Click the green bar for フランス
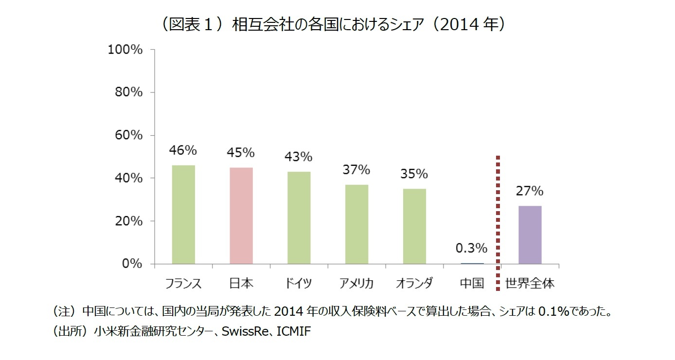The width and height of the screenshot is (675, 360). coord(183,215)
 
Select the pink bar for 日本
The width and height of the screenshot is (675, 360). coord(241,216)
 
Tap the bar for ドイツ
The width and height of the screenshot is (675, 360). coord(299,217)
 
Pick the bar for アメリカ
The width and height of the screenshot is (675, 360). coord(356,224)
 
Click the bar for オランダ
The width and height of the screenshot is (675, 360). coord(414,226)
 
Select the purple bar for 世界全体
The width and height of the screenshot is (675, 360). coord(530,235)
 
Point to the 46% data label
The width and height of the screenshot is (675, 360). coord(183,151)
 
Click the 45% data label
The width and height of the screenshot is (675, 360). coord(241,153)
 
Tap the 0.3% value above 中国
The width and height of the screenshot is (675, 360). coord(471,248)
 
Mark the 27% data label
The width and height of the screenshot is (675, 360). coord(530,191)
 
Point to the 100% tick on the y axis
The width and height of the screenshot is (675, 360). coord(125,50)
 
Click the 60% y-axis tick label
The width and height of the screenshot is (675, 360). coord(128,135)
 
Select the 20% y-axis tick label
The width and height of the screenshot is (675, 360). coord(128,221)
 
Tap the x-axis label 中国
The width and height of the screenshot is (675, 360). coord(472,283)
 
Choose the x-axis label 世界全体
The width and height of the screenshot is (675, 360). coord(530,283)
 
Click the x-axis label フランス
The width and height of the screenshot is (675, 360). coord(183,283)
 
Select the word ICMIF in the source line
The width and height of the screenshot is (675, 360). coord(293,332)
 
